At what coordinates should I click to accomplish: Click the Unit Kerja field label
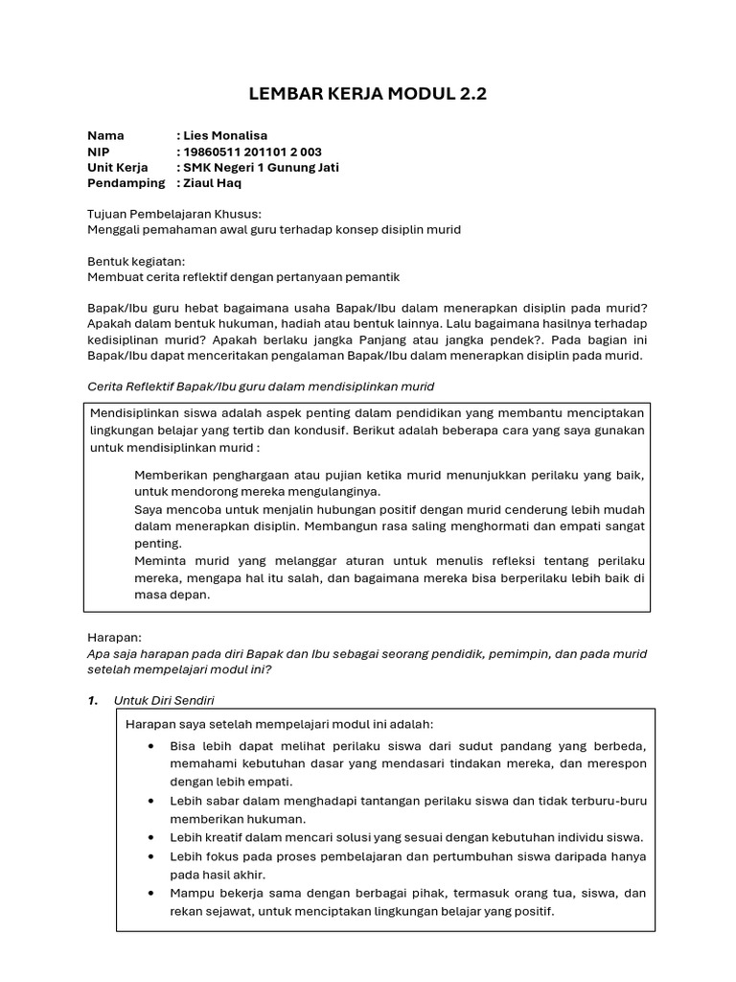point(119,167)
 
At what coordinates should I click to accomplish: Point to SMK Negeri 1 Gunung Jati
point(262,167)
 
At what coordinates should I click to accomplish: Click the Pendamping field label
point(126,182)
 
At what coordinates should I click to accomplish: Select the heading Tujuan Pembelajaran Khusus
point(174,214)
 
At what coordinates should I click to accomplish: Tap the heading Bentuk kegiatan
point(136,261)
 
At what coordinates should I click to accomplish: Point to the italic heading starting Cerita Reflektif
point(261,386)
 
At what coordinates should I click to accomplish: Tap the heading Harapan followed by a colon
point(114,637)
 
